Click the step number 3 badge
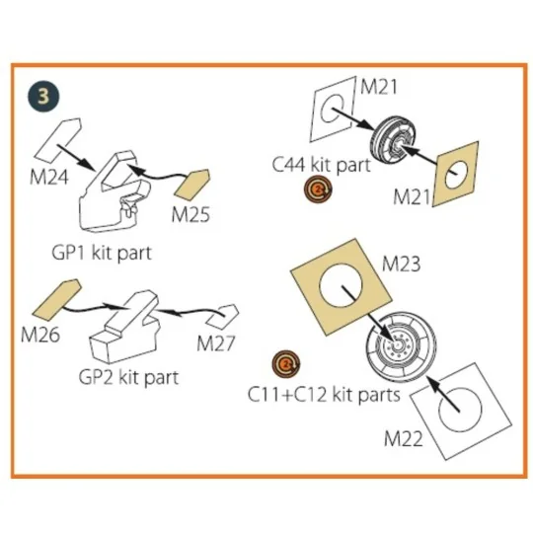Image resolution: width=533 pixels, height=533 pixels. tap(43, 96)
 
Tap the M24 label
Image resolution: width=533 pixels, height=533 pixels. tap(49, 178)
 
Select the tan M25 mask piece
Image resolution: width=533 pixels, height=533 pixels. tap(191, 184)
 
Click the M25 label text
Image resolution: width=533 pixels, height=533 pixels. tap(190, 215)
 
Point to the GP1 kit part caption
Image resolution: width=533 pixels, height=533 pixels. tap(102, 254)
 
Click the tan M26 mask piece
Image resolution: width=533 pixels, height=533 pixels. tap(57, 300)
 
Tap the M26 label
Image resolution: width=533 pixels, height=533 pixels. tap(40, 335)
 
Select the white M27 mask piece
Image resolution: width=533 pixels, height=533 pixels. tap(223, 317)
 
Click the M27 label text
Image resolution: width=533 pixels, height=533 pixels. tap(216, 343)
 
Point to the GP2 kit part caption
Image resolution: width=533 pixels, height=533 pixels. tap(128, 378)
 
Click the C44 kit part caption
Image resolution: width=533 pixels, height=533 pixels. tap(321, 165)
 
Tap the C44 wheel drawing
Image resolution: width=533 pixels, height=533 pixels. tap(393, 140)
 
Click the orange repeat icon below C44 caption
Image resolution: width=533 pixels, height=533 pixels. tap(318, 190)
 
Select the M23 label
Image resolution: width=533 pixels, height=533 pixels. tap(401, 265)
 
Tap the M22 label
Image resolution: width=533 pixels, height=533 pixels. tap(404, 439)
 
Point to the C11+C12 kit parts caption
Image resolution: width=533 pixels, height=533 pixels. tap(324, 395)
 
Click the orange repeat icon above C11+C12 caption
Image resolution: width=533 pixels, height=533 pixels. tap(286, 364)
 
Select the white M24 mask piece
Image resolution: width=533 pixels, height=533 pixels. tap(57, 140)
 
